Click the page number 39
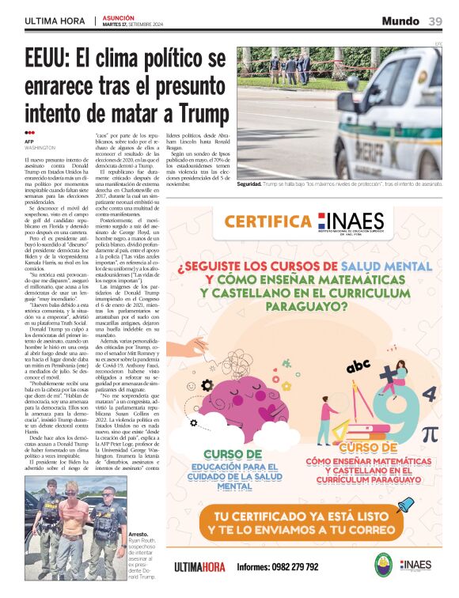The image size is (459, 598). click(435, 21)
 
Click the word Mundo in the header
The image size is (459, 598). click(400, 21)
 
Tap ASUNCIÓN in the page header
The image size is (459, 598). click(119, 16)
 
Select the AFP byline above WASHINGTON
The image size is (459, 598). click(30, 142)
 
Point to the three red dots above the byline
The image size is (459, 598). click(29, 133)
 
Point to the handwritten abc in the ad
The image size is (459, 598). click(358, 365)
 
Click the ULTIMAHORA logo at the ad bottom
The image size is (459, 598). click(199, 566)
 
